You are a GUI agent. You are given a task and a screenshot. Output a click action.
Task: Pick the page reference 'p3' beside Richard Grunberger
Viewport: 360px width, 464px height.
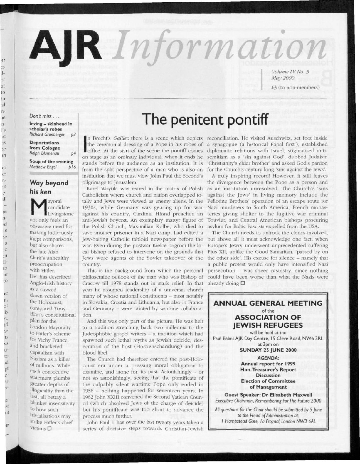[73, 135]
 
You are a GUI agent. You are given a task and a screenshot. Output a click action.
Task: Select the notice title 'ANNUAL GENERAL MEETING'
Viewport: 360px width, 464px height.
[268, 303]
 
